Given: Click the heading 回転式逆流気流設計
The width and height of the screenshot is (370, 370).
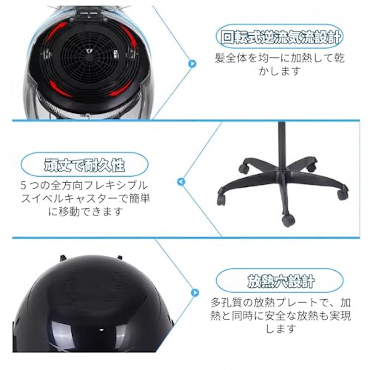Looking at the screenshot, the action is (x=281, y=37).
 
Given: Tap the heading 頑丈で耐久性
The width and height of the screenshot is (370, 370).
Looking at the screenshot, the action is (x=85, y=165).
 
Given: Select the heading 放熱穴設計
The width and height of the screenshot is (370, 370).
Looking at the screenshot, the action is (x=281, y=281).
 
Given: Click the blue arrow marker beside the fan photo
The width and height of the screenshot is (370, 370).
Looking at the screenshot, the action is (x=192, y=63).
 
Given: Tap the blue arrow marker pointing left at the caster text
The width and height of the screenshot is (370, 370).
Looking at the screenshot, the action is (x=181, y=182).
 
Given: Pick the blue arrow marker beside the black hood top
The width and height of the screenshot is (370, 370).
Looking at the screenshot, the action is (x=194, y=292).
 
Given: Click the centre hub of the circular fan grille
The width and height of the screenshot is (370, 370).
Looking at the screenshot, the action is (x=89, y=51).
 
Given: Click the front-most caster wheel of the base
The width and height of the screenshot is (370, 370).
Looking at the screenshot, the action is (x=288, y=221).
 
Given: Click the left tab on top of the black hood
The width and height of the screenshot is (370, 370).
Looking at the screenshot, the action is (x=63, y=258).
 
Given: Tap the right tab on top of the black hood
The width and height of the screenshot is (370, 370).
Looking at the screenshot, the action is (x=120, y=258).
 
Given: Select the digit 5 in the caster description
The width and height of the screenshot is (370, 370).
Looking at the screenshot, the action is (x=23, y=185).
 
